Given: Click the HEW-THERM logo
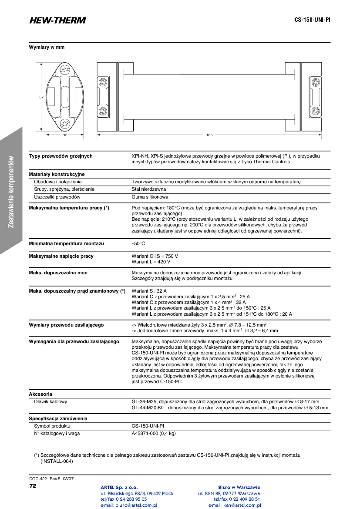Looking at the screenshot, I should click(57, 20).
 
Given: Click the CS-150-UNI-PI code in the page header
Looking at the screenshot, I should click(312, 20).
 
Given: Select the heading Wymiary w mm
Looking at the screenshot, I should click(47, 47).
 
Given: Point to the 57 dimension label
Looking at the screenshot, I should click(41, 97).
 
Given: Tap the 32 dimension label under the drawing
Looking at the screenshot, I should click(64, 135).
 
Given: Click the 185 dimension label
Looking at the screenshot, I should click(209, 135).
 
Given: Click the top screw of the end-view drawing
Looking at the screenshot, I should click(65, 70).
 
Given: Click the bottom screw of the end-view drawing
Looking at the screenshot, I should click(65, 124).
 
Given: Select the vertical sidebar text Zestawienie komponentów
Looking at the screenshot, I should click(11, 192).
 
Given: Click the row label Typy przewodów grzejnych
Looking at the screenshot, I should click(61, 156).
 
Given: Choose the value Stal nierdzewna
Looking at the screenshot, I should click(148, 189).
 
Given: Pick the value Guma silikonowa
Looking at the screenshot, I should click(149, 197).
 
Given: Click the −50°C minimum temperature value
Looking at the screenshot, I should click(138, 244).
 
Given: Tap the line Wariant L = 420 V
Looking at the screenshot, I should click(151, 262).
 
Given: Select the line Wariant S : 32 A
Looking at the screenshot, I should click(149, 290).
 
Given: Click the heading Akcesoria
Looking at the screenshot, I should click(40, 394).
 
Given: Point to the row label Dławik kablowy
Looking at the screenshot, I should click(50, 401).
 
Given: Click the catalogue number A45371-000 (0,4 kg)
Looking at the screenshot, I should click(154, 433).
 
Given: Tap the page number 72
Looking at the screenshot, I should click(33, 485).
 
